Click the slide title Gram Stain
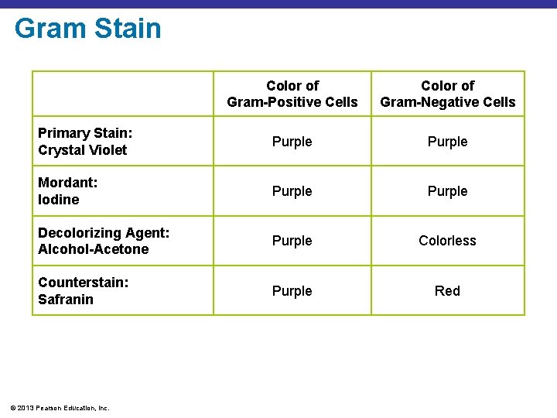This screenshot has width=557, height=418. [87, 29]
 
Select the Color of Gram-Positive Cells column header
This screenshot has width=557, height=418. [292, 94]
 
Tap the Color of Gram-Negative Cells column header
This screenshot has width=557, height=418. [447, 94]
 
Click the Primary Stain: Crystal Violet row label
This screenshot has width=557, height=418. [85, 142]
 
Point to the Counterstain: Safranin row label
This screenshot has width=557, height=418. [84, 290]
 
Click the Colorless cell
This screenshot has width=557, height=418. [447, 241]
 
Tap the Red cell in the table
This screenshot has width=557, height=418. [447, 291]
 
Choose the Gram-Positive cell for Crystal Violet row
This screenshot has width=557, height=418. [292, 142]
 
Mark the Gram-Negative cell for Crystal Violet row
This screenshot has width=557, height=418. [447, 142]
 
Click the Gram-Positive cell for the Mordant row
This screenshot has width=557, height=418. [292, 191]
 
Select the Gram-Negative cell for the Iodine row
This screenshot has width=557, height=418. [447, 191]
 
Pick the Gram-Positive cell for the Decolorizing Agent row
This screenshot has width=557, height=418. [292, 241]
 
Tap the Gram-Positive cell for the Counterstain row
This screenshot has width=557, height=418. [292, 291]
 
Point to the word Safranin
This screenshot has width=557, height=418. [66, 299]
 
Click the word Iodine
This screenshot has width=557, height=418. [59, 200]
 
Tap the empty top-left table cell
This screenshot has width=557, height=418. [122, 94]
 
